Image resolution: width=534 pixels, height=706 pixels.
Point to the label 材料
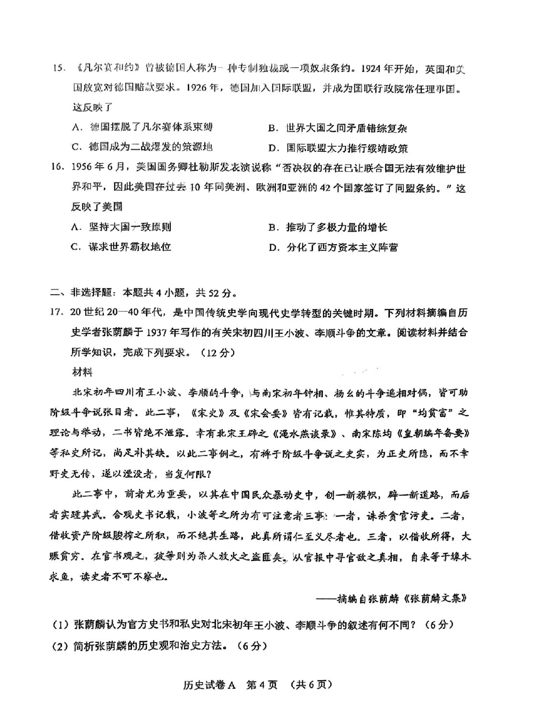pos(82,372)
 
